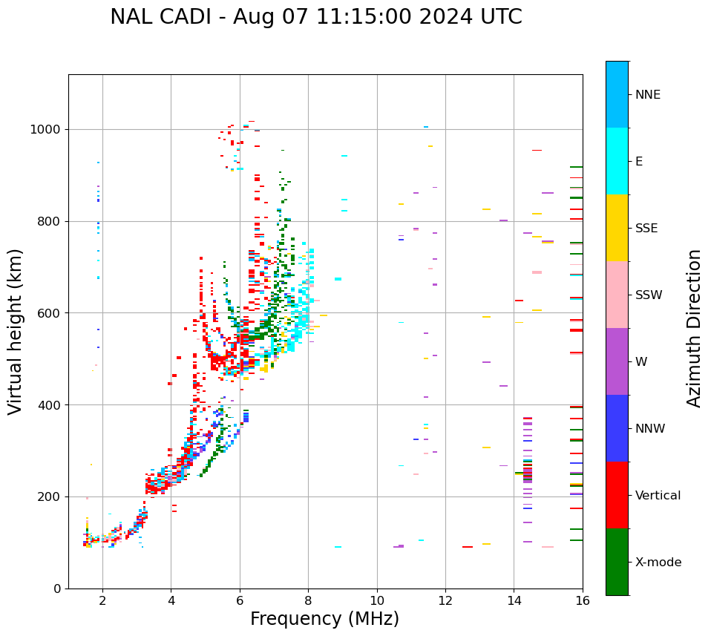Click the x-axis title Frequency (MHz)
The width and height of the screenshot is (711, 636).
[x=324, y=619]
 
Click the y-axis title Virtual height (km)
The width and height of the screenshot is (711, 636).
[x=16, y=332]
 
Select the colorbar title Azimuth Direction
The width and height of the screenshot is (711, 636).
[x=694, y=328]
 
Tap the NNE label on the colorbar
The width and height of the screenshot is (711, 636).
[x=648, y=95]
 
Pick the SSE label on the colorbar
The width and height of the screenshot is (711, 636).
[x=646, y=229]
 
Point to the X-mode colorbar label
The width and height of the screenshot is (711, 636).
[x=658, y=563]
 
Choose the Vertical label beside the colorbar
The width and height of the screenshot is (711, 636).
[x=658, y=496]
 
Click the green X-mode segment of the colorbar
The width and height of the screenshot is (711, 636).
[x=617, y=562]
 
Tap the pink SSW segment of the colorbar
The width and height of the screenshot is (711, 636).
[x=617, y=295]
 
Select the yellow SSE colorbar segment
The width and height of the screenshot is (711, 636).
[x=617, y=228]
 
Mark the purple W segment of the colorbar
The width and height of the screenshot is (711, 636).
[x=617, y=361]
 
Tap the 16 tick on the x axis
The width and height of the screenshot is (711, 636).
[x=583, y=600]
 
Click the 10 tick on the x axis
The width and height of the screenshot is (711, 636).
[x=377, y=600]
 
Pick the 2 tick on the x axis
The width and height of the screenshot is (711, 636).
[x=102, y=600]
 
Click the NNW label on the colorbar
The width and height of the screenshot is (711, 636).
[x=650, y=429]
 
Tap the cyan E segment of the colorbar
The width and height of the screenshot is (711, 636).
[x=617, y=161]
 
